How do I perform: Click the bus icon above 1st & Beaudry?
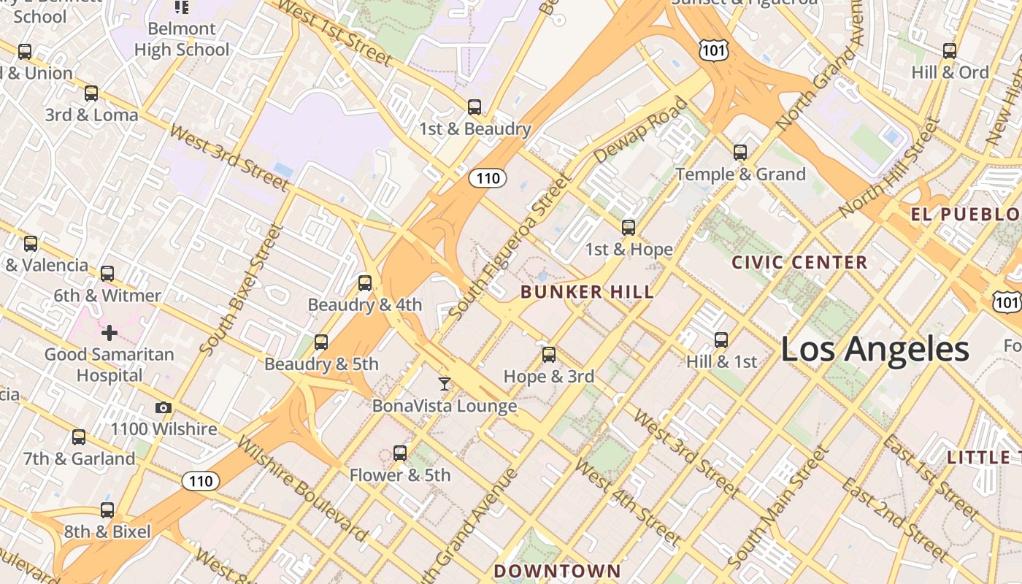(474, 107)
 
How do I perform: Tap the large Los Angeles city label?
(875, 350)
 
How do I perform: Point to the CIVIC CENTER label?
(799, 262)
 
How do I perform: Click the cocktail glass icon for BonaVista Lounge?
(444, 383)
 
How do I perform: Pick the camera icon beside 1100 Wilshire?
(164, 407)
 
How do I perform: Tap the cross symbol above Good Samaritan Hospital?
(109, 334)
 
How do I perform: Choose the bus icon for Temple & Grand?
(740, 153)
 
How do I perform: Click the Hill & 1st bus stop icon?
(721, 339)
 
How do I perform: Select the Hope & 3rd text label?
(549, 377)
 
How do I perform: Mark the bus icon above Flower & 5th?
(399, 453)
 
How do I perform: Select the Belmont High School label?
(182, 39)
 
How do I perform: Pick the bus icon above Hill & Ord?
(949, 51)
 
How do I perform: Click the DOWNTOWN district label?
(557, 570)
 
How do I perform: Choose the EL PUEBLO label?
(964, 215)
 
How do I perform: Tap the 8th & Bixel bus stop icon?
(107, 510)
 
